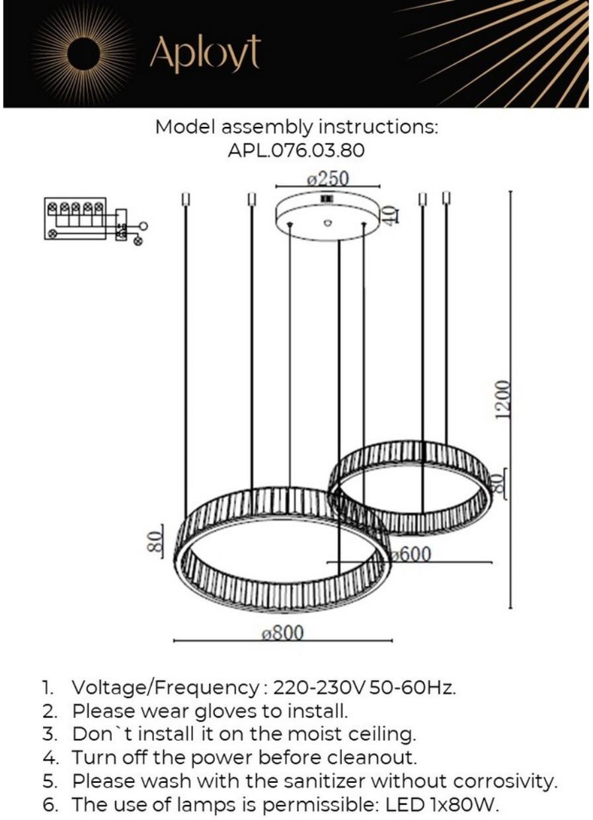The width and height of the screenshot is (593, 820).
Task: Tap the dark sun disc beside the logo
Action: [x=85, y=56]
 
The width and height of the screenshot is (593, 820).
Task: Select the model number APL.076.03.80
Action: [x=296, y=150]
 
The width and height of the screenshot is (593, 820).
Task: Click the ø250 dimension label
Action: [x=328, y=179]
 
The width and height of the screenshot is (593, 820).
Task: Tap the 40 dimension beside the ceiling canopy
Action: [x=390, y=215]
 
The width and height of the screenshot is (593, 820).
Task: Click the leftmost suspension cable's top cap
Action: [x=185, y=199]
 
